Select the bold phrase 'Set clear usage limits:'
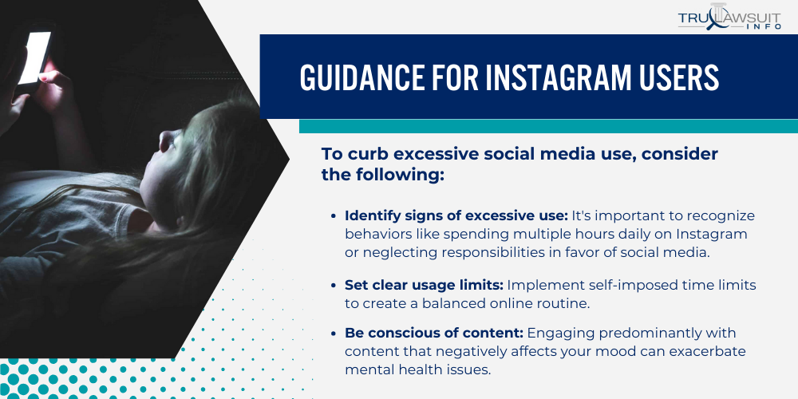click(x=424, y=285)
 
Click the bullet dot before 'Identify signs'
click(x=333, y=216)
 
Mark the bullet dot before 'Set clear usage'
click(x=333, y=286)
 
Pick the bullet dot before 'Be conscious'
click(x=333, y=333)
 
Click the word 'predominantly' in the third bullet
click(x=612, y=332)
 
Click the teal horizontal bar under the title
click(x=548, y=126)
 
